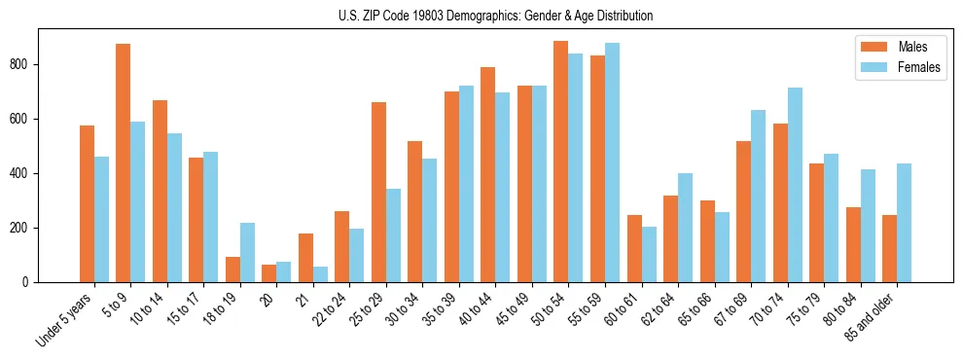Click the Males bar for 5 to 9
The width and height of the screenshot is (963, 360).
pyautogui.click(x=124, y=162)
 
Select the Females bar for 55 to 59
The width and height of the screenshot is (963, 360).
pyautogui.click(x=613, y=162)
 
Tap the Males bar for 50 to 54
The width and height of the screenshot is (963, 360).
pyautogui.click(x=561, y=162)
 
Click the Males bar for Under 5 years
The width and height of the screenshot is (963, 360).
pyautogui.click(x=88, y=203)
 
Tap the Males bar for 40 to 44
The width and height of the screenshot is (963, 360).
pyautogui.click(x=488, y=174)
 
